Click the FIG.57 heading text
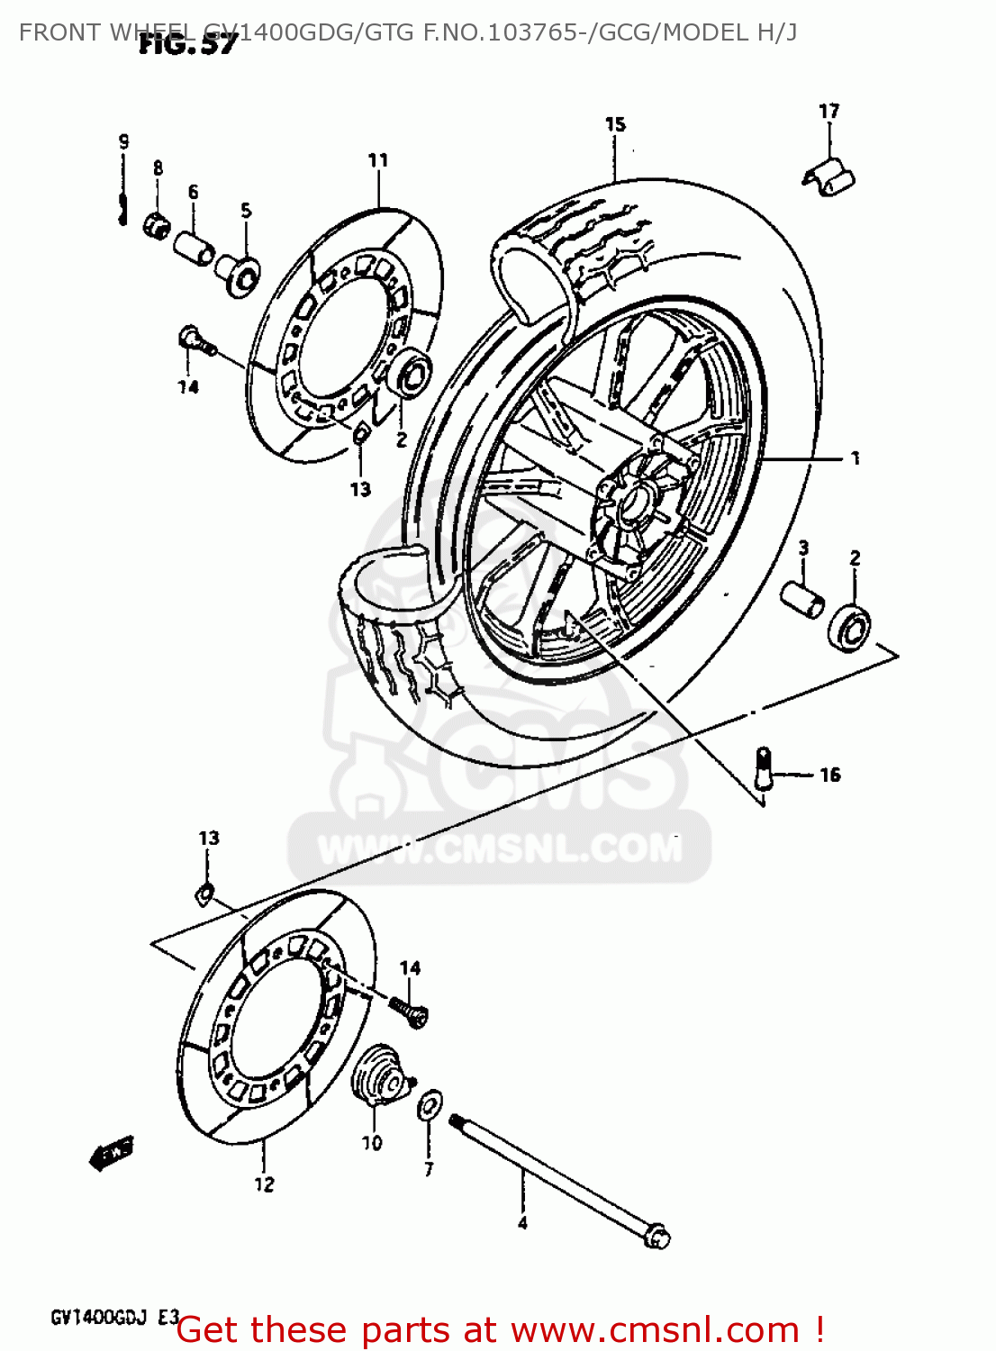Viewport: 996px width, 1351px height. [187, 44]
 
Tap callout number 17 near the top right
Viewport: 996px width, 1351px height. [828, 111]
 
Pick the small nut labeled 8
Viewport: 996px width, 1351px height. [157, 222]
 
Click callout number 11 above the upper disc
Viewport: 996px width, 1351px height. [378, 160]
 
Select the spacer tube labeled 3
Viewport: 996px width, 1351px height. [801, 598]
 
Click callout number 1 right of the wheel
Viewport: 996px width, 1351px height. [855, 458]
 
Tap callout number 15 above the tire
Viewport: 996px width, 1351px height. [615, 124]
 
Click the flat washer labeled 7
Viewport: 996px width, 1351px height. [430, 1104]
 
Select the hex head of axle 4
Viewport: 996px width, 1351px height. [656, 1236]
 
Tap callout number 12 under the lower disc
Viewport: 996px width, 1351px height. [264, 1184]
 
